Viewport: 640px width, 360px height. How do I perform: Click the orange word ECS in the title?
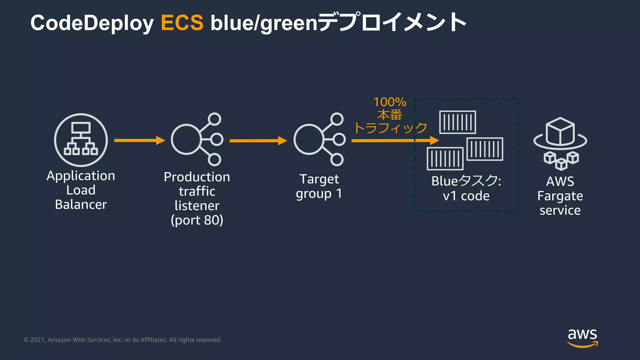182,23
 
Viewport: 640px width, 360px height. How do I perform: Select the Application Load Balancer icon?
81,140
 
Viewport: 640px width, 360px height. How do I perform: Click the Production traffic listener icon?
197,139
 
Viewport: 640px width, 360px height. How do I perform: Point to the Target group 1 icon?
319,139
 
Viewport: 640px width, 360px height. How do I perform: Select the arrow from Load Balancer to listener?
139,140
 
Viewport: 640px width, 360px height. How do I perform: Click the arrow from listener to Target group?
258,141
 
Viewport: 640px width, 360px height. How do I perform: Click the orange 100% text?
390,102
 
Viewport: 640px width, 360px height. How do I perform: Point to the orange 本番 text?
390,115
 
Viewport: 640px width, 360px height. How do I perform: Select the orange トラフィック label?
390,128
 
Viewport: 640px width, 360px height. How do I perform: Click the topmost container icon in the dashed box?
457,122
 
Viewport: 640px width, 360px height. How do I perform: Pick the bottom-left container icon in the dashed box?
445,158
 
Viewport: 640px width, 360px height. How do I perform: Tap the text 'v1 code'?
466,196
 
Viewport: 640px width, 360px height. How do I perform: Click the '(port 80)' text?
197,220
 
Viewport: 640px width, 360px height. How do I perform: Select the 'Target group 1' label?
319,187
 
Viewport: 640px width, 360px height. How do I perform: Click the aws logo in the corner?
582,337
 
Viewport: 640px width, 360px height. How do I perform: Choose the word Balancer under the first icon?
81,205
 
